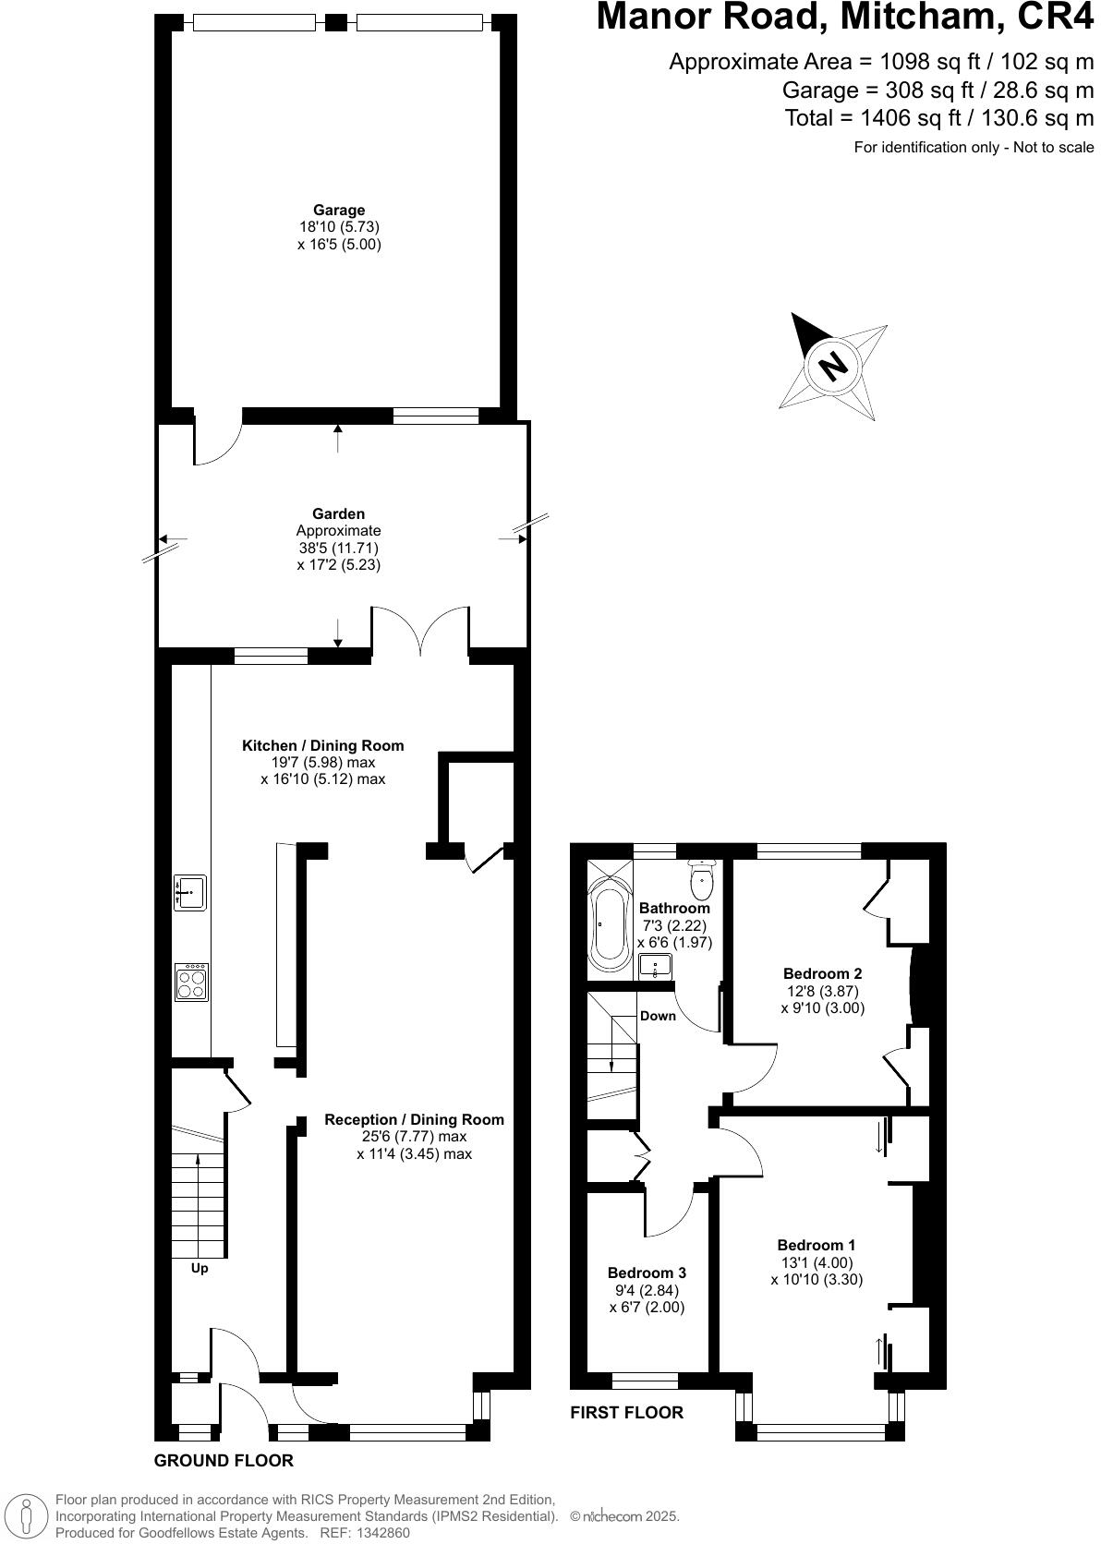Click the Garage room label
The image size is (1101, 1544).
[338, 211]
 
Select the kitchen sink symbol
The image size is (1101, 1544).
[190, 893]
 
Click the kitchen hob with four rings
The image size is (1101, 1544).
[191, 982]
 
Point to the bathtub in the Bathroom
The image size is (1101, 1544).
[609, 926]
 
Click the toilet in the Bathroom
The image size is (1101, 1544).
[704, 878]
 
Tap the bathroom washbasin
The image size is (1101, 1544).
[655, 968]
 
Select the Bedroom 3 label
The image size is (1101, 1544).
[647, 1273]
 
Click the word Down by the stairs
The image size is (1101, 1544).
[658, 1016]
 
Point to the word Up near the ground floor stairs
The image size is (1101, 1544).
[200, 1268]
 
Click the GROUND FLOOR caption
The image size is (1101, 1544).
[224, 1460]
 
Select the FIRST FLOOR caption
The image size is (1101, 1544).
[626, 1412]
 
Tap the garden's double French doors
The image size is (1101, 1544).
[420, 631]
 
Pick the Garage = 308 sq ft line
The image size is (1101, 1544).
[938, 90]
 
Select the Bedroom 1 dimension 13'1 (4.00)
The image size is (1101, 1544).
[817, 1262]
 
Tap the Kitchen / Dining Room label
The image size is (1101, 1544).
[322, 745]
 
